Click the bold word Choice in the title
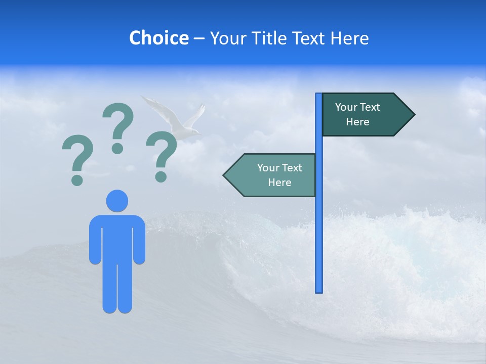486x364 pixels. (x=158, y=38)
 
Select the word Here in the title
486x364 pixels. (x=349, y=38)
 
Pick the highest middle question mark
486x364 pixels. (x=117, y=126)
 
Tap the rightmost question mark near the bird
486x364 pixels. (x=161, y=154)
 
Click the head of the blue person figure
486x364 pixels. (x=117, y=201)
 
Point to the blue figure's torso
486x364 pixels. (x=117, y=238)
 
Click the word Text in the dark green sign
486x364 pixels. (x=369, y=107)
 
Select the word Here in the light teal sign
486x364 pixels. (x=279, y=183)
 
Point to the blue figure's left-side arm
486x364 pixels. (x=95, y=240)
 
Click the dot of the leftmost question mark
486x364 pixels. (x=77, y=180)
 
